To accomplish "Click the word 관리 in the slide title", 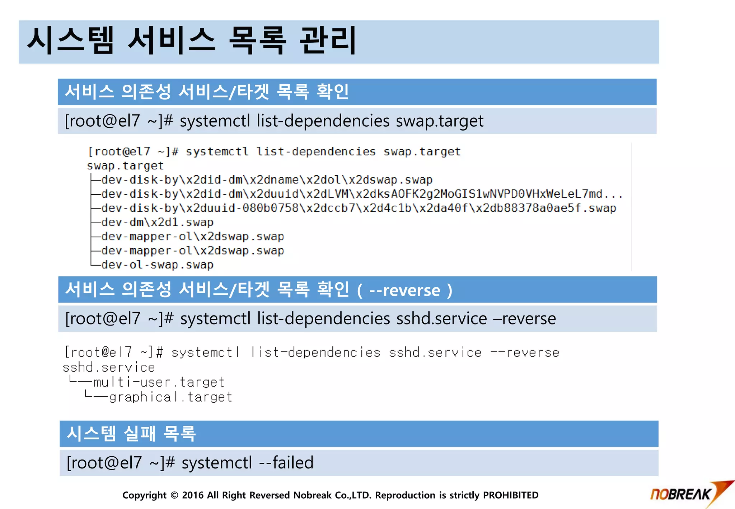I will (327, 41).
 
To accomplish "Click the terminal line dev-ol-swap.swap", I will (157, 265).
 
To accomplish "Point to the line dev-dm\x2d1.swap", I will (157, 223).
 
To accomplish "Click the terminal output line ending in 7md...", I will (361, 194).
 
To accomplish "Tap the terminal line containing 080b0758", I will (358, 208).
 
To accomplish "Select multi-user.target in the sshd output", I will (159, 382).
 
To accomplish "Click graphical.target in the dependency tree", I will (170, 397).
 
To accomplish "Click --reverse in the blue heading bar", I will (404, 290).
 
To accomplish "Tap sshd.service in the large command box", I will (441, 319).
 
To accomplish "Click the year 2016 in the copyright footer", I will (193, 495).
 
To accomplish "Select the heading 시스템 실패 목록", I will (131, 434).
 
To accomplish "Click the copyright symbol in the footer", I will (174, 495).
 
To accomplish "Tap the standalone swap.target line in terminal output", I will (125, 166).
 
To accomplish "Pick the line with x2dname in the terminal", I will (267, 180).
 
